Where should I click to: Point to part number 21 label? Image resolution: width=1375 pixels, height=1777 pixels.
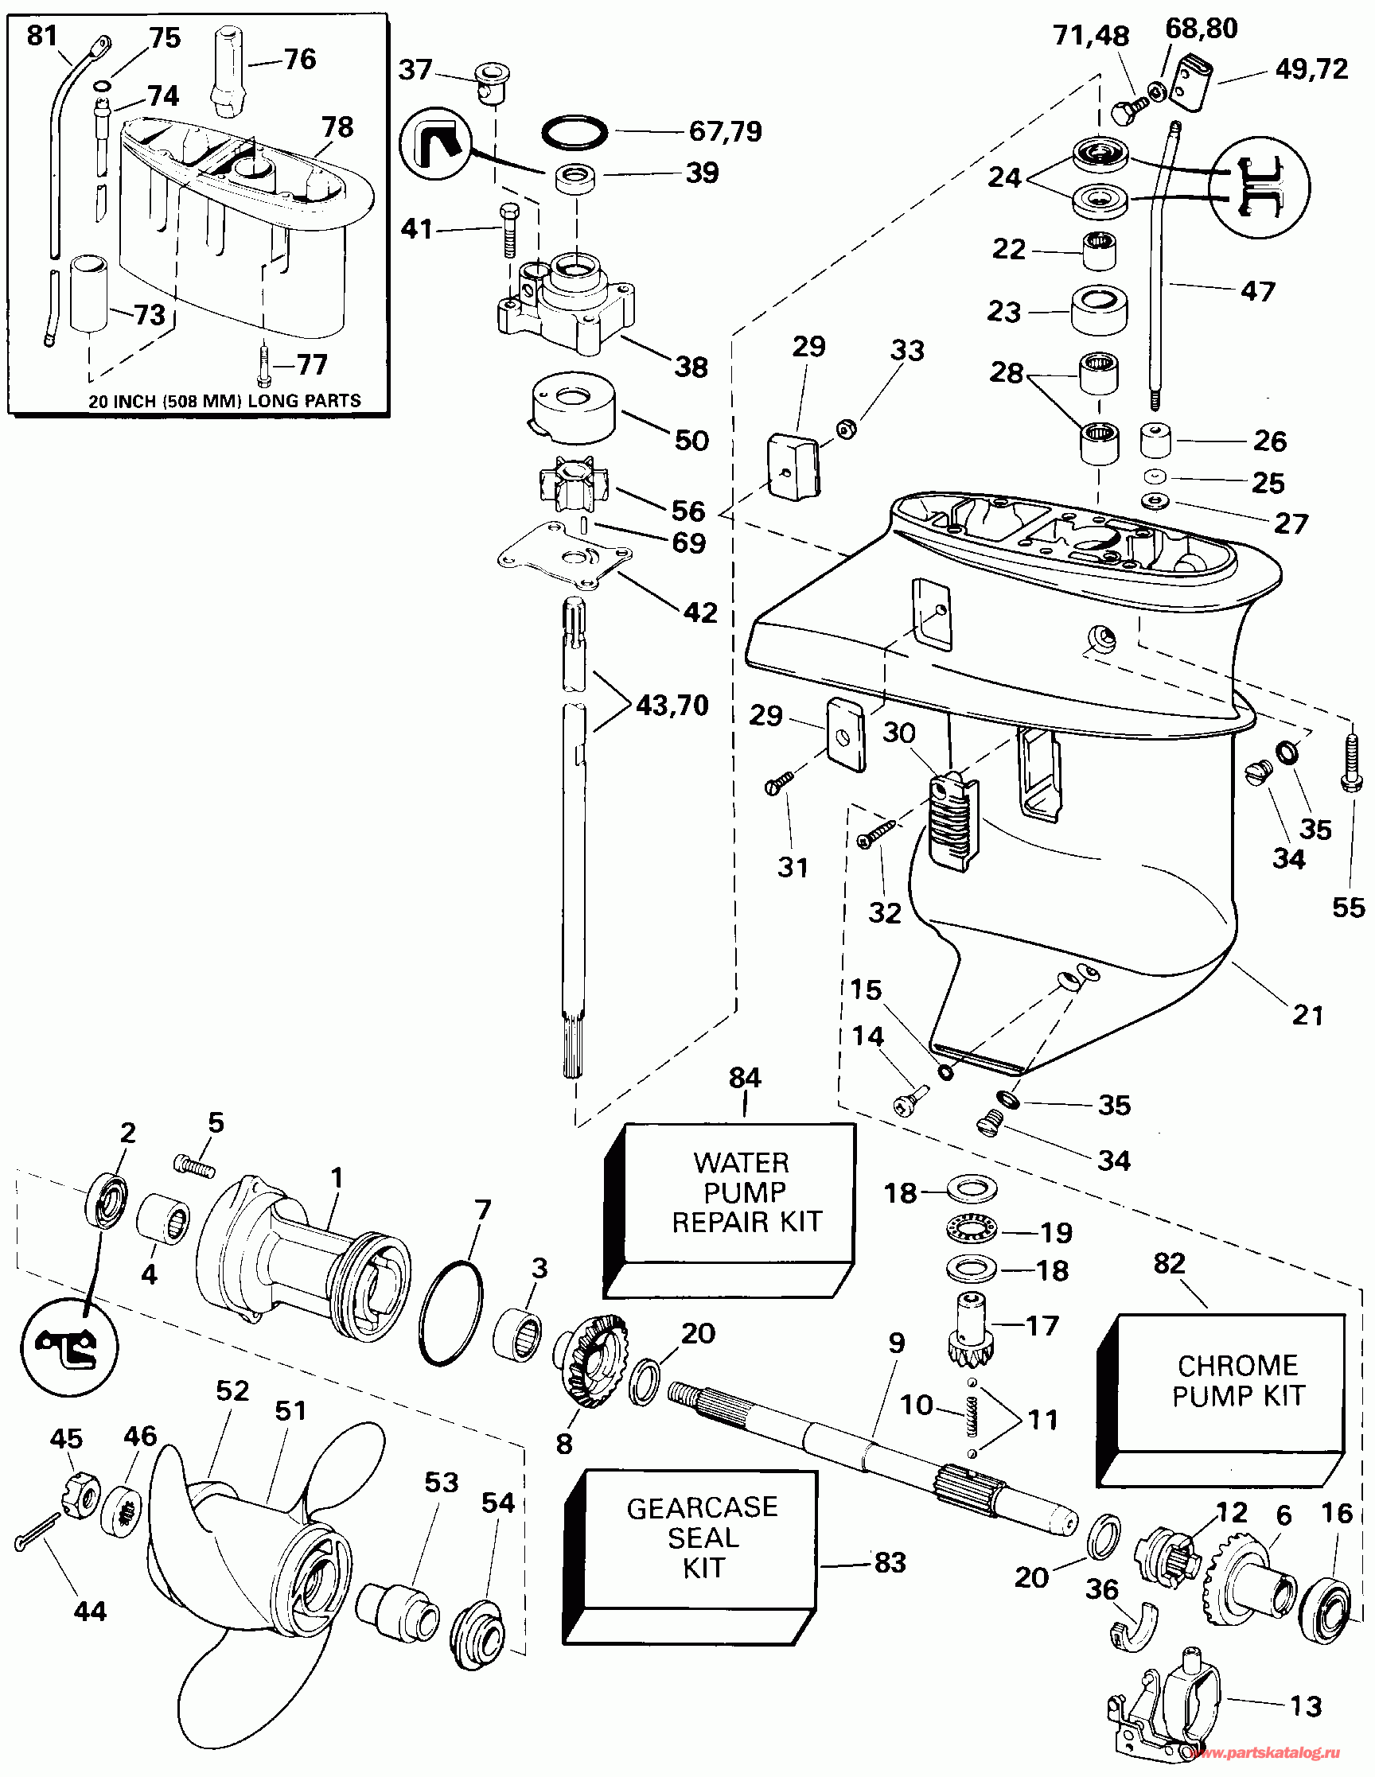pyautogui.click(x=1307, y=1015)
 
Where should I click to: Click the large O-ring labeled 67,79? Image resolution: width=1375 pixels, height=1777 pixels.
pyautogui.click(x=575, y=132)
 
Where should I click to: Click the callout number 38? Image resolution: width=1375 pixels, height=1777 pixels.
pyautogui.click(x=691, y=367)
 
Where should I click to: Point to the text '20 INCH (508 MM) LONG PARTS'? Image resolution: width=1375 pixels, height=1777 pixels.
pyautogui.click(x=224, y=400)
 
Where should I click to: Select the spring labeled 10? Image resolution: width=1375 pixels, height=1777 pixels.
pyautogui.click(x=971, y=1420)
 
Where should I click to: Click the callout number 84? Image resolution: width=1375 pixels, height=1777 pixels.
pyautogui.click(x=744, y=1078)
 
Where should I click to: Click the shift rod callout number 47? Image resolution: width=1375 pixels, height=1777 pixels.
pyautogui.click(x=1257, y=291)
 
